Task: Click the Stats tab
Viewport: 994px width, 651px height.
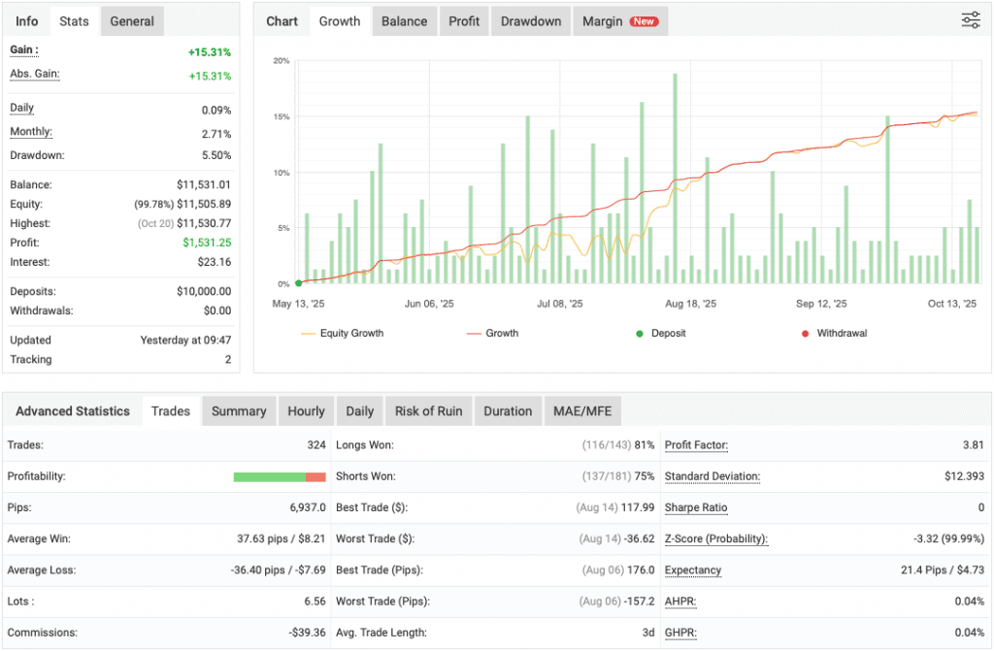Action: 74,21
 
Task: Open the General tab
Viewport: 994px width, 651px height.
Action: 132,21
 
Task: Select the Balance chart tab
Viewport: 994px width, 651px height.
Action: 404,21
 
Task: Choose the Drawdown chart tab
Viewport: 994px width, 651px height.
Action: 531,21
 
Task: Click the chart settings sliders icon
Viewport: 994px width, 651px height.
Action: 971,20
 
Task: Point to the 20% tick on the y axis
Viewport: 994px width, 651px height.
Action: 282,61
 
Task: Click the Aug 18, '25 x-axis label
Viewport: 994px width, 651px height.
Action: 691,304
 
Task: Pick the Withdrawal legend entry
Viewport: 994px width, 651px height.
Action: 835,333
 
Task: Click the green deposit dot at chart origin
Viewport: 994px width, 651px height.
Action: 299,283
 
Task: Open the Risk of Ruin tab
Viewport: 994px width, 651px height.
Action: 428,411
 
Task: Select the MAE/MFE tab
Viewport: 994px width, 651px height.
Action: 582,411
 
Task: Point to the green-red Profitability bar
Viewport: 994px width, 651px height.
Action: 280,476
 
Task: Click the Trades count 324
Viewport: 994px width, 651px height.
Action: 315,445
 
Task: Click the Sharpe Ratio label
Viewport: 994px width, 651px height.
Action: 696,507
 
